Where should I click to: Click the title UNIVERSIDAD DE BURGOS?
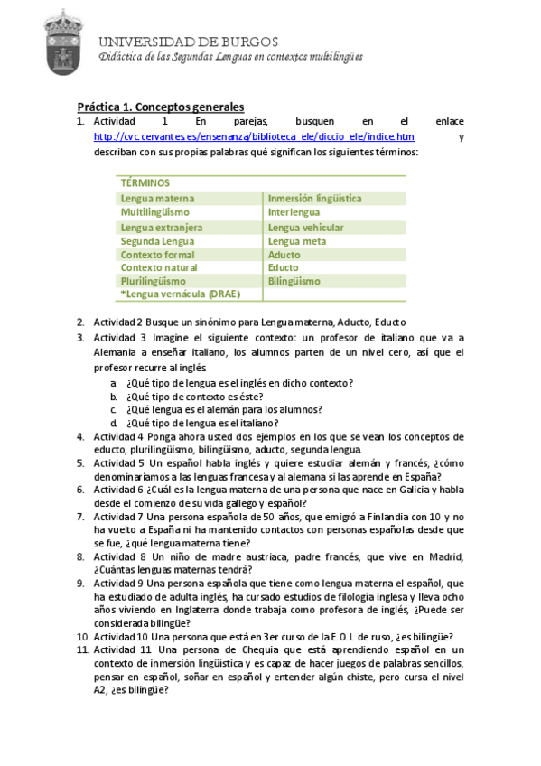point(188,42)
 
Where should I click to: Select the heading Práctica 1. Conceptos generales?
point(160,106)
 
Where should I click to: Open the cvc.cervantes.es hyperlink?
point(254,136)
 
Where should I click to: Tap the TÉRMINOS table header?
point(145,182)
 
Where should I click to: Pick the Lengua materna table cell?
point(157,198)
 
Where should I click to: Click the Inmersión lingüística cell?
point(314,198)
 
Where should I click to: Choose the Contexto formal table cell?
point(157,255)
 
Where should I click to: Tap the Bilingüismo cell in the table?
point(294,282)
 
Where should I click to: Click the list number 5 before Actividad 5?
point(80,462)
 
